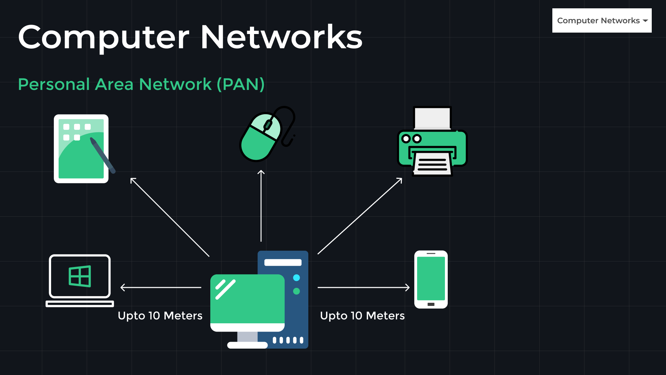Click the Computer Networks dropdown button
coord(602,20)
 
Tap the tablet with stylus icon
coord(81,149)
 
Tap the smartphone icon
coord(431,279)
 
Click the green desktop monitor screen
coord(247,299)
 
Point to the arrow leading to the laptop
coord(161,287)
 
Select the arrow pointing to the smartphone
coord(364,287)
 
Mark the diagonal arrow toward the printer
coord(360,216)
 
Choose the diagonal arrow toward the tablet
coord(170,217)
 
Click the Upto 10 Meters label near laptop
coord(160,316)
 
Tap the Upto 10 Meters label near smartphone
coord(362,316)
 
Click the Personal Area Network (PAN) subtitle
coord(141,84)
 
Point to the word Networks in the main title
coord(282,37)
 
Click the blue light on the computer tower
coord(297,278)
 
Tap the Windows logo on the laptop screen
coord(80,276)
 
